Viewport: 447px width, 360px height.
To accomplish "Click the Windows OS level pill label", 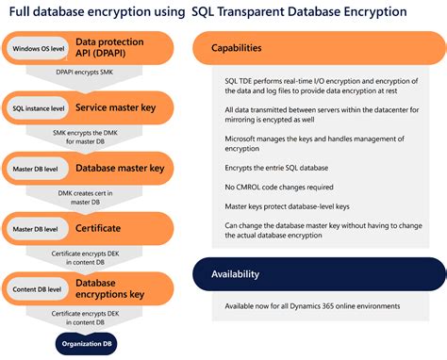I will (x=38, y=47).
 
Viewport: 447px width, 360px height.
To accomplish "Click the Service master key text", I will (x=115, y=108).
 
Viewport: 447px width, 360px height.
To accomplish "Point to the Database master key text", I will (x=121, y=168).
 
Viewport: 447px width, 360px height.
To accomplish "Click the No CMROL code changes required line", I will (x=279, y=187).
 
